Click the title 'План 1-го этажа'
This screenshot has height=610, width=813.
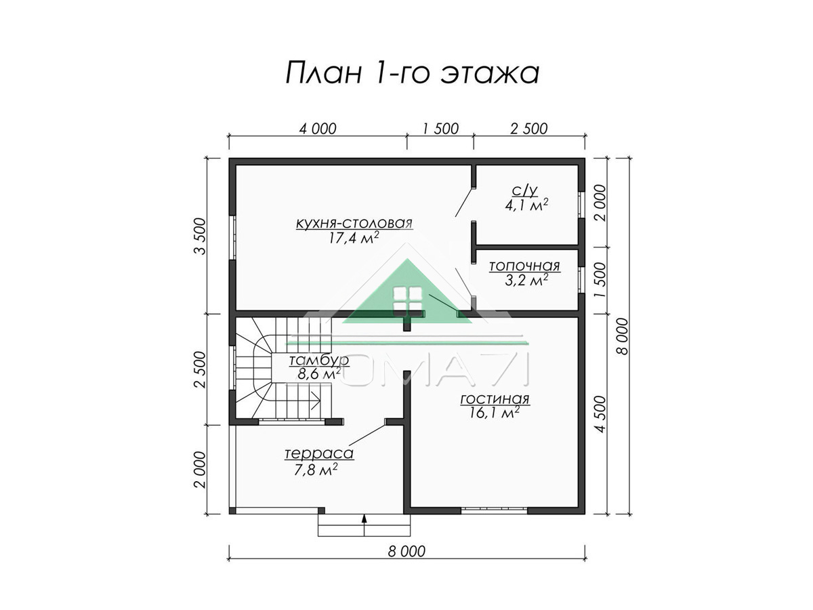(412, 73)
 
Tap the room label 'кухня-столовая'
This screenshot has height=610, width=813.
(354, 223)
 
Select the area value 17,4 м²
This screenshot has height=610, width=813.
(354, 238)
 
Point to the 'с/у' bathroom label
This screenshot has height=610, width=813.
(525, 190)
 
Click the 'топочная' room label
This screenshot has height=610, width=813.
(524, 266)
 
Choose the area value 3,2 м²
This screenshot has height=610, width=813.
(526, 281)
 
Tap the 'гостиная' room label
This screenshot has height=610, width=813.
(495, 399)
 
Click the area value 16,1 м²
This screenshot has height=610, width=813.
(494, 413)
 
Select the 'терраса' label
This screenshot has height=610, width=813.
(319, 453)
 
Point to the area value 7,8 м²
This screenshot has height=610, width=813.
(316, 470)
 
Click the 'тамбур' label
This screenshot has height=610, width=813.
(319, 360)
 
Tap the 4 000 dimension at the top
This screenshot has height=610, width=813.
(318, 129)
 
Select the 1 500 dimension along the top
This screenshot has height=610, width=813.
(440, 129)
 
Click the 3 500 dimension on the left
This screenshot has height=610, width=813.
(200, 236)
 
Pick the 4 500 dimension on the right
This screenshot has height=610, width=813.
(601, 414)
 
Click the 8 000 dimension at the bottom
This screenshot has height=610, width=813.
(406, 562)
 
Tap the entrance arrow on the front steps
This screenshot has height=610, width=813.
(364, 525)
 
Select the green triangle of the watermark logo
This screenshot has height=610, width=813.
(407, 291)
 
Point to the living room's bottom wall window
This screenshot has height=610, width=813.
(494, 510)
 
